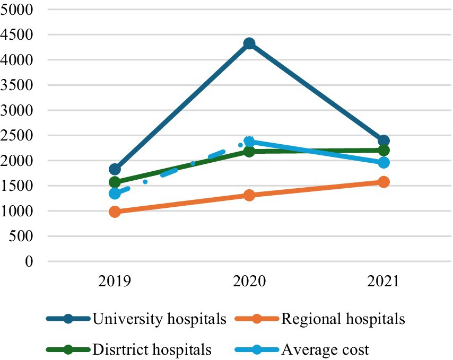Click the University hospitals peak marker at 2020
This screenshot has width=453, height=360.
(249, 43)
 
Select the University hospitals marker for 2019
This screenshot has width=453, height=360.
(115, 169)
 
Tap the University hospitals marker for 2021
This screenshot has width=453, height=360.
(384, 141)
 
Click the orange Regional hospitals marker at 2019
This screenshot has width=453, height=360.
(115, 212)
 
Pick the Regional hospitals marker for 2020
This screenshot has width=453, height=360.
(249, 195)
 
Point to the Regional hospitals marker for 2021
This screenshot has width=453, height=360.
(384, 182)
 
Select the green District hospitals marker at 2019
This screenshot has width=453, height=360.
(115, 182)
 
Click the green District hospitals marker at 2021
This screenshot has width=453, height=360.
(384, 150)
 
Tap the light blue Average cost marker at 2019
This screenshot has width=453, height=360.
(115, 194)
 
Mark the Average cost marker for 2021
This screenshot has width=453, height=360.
(384, 162)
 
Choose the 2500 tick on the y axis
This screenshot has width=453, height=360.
(18, 136)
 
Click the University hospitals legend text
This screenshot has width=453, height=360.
(160, 319)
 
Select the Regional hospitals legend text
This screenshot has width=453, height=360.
(343, 319)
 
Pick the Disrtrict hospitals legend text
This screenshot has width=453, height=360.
(152, 349)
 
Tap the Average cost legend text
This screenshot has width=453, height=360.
(325, 349)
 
